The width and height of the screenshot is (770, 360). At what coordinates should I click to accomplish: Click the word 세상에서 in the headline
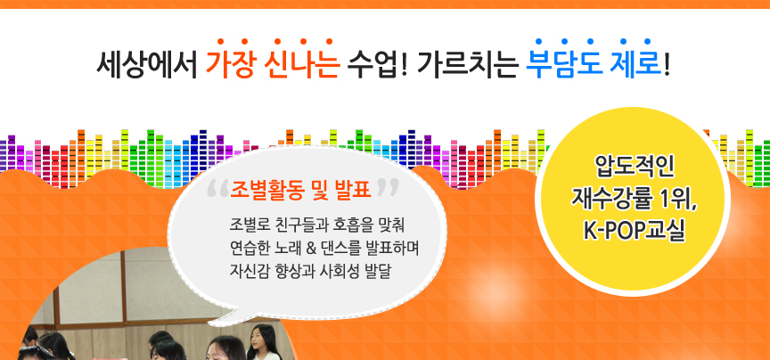pyautogui.click(x=146, y=65)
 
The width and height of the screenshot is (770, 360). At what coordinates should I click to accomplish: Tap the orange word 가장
pyautogui.click(x=229, y=65)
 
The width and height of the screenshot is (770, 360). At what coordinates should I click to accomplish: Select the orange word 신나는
pyautogui.click(x=301, y=65)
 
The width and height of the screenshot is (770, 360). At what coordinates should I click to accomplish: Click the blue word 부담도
pyautogui.click(x=563, y=65)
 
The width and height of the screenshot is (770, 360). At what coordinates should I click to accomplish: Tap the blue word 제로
pyautogui.click(x=635, y=65)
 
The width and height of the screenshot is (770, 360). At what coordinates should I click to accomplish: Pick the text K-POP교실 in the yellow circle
pyautogui.click(x=634, y=230)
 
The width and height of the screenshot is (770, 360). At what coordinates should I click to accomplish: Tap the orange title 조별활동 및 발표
pyautogui.click(x=300, y=188)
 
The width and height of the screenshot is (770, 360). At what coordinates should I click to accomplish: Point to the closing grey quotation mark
pyautogui.click(x=387, y=188)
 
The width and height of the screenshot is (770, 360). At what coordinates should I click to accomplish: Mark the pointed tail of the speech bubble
pyautogui.click(x=210, y=323)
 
